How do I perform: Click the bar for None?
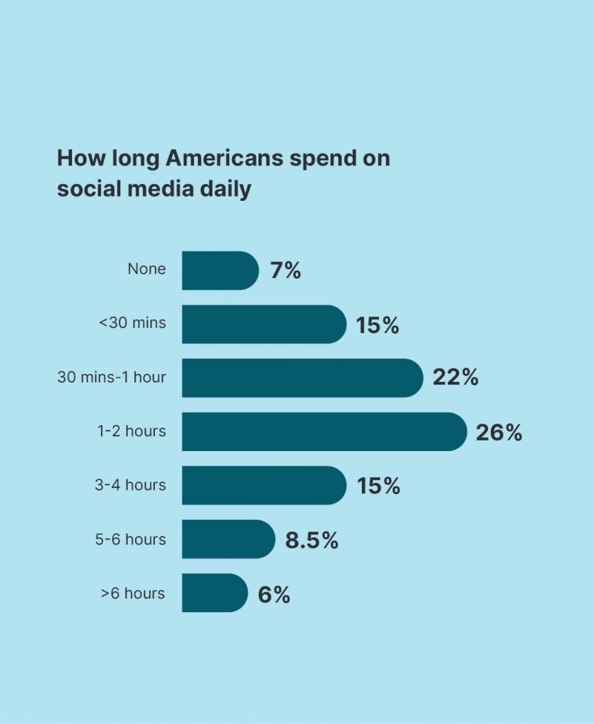pos(221,271)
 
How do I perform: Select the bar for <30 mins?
pos(264,324)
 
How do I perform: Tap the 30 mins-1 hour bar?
pos(303,378)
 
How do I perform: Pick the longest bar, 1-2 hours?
pos(325,432)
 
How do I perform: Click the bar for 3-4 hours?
pos(264,485)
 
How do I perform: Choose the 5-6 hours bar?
pos(228,539)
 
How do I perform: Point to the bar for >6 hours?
pos(215,593)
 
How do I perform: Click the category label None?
pos(146,269)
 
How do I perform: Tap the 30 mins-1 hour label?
pos(111,378)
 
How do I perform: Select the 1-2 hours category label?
pos(132,431)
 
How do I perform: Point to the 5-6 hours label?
pos(130,539)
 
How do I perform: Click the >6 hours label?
pos(133,593)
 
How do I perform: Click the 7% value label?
pos(286,271)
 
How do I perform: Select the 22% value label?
pos(455,378)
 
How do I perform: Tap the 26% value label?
pos(499,433)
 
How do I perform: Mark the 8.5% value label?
pos(312,539)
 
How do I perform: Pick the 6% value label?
pos(274,594)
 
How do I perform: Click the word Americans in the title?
pos(224,158)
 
